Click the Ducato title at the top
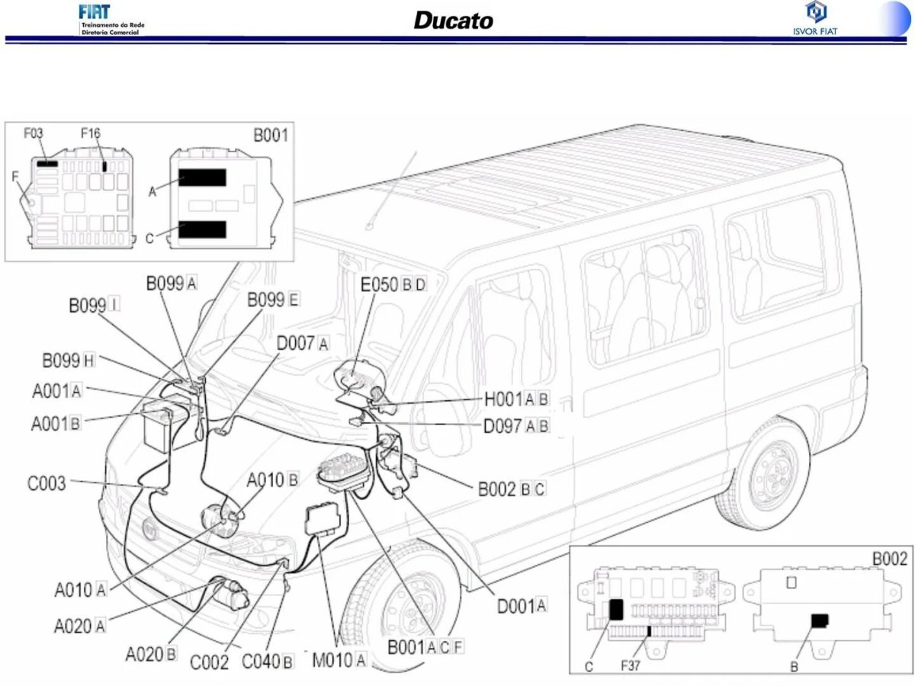453,20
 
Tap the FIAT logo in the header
95,12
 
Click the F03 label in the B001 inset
34,133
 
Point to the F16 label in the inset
90,133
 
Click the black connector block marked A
203,178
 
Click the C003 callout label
47,483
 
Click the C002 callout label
209,662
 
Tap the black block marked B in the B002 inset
820,620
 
